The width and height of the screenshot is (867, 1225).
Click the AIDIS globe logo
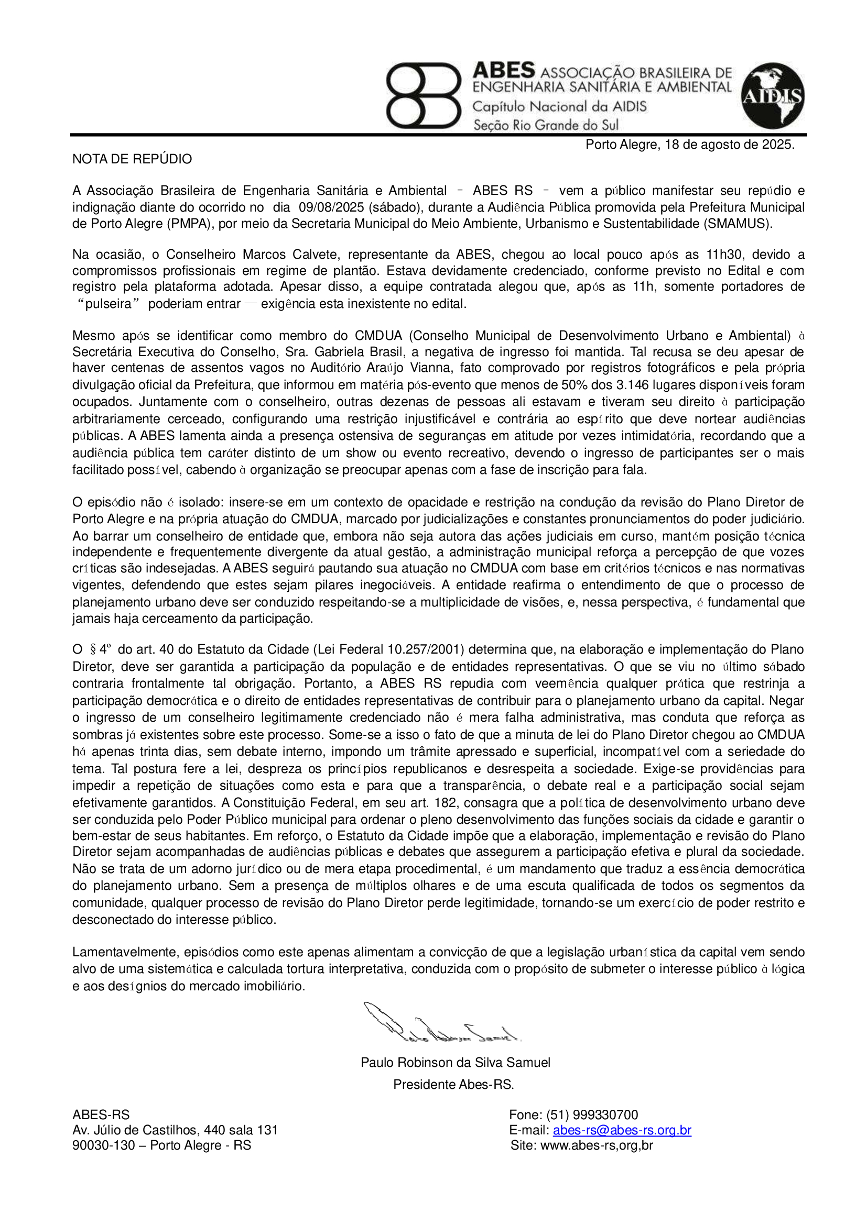point(773,96)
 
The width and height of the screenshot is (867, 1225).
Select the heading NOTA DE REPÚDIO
point(132,159)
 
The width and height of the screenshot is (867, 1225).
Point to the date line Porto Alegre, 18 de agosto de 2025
point(690,145)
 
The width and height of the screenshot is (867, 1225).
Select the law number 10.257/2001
point(426,650)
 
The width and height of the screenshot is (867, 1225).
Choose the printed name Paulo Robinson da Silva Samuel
point(456,1062)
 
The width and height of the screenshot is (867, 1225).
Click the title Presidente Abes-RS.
point(453,1085)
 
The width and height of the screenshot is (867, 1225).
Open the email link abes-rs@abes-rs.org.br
point(622,1130)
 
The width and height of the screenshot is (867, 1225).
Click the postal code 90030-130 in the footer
point(104,1145)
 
